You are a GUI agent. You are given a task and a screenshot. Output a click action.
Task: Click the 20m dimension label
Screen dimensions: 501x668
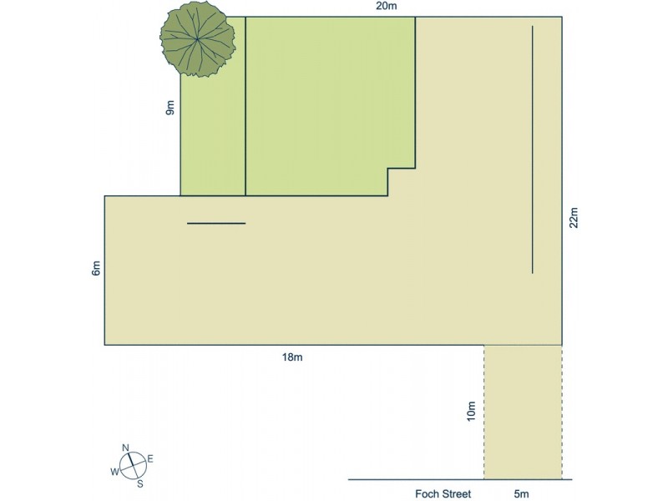click(x=386, y=8)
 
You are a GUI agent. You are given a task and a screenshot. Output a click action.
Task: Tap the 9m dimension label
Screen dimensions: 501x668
click(x=170, y=109)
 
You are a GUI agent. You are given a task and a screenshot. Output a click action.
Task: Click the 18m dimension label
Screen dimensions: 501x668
click(x=291, y=357)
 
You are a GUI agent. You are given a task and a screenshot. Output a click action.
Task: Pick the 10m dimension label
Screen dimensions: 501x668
click(x=472, y=410)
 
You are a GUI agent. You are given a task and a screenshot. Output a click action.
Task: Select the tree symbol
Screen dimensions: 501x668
click(x=195, y=39)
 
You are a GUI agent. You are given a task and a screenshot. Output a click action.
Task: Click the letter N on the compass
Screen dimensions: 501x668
click(x=125, y=448)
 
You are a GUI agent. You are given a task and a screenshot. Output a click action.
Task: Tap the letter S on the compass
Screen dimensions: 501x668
click(x=139, y=483)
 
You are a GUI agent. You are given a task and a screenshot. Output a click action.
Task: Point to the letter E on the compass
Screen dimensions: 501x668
click(x=150, y=458)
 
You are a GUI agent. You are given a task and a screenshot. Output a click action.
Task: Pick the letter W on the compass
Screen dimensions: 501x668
click(x=114, y=472)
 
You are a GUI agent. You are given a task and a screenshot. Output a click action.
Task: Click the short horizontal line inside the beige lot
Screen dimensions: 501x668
click(x=216, y=224)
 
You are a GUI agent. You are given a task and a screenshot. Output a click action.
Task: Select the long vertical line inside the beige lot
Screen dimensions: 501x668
click(x=532, y=149)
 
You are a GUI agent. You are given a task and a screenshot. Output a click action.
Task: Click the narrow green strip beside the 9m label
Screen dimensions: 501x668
click(x=213, y=142)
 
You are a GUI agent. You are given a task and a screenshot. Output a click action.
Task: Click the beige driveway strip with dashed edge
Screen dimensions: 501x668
click(x=523, y=412)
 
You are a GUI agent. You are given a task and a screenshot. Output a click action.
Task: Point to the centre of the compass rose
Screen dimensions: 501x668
click(x=132, y=465)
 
